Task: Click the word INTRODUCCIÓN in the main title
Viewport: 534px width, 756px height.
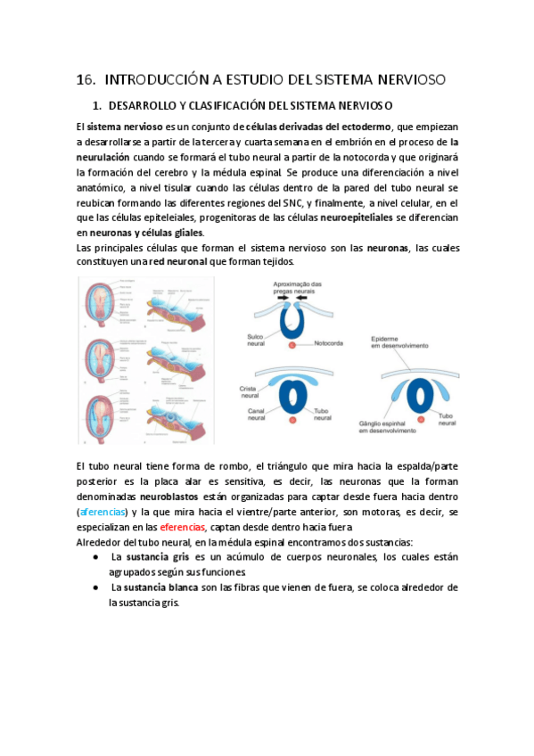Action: click(x=163, y=79)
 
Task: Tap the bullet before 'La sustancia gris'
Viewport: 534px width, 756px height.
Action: click(x=96, y=557)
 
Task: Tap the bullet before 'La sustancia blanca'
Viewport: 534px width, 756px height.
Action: click(x=96, y=588)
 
